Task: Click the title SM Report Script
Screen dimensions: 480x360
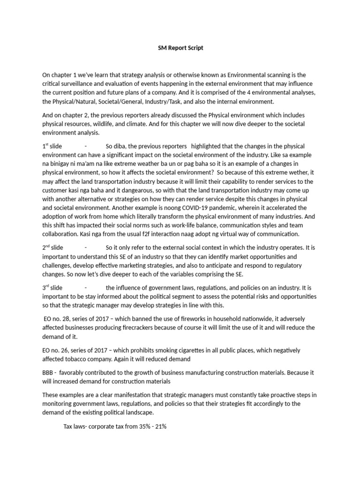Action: click(180, 48)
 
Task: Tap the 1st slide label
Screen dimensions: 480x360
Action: click(52, 146)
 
